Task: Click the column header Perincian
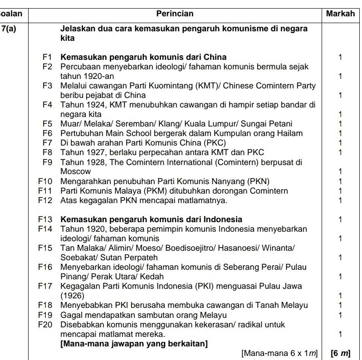coord(175,14)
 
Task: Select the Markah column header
coord(340,14)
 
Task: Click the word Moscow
coord(75,171)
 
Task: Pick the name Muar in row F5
coord(69,124)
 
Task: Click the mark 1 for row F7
coord(340,143)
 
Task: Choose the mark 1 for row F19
coord(340,315)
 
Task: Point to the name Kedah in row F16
coord(152,277)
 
